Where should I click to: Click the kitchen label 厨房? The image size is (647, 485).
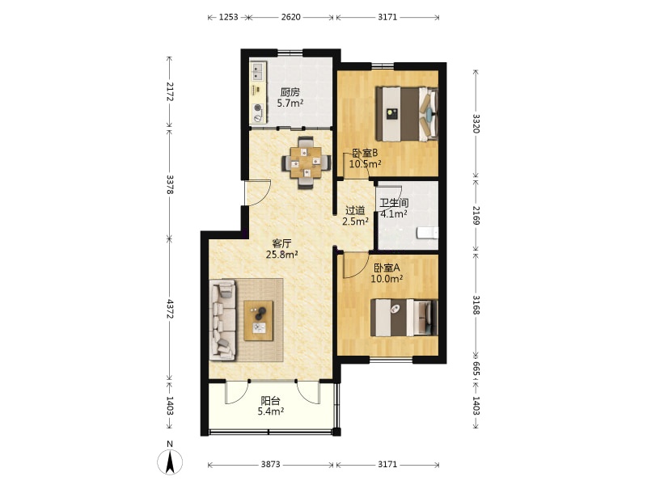pyautogui.click(x=290, y=92)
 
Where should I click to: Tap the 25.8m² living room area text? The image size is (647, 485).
pyautogui.click(x=281, y=255)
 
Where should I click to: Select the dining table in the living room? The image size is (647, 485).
pyautogui.click(x=306, y=162)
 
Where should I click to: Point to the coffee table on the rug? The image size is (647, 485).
pyautogui.click(x=258, y=320)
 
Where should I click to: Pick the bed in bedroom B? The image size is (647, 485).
pyautogui.click(x=407, y=114)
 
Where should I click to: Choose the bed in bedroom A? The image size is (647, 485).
pyautogui.click(x=404, y=317)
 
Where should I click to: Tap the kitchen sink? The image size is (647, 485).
pyautogui.click(x=258, y=71)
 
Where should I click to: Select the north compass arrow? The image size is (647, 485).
pyautogui.click(x=170, y=462)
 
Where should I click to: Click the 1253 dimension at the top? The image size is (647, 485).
pyautogui.click(x=229, y=17)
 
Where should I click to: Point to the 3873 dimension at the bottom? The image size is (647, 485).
pyautogui.click(x=270, y=464)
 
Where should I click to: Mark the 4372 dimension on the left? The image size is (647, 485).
pyautogui.click(x=170, y=309)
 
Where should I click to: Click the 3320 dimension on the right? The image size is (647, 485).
pyautogui.click(x=476, y=124)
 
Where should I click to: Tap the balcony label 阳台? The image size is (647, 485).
pyautogui.click(x=271, y=400)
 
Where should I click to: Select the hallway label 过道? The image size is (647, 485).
pyautogui.click(x=355, y=210)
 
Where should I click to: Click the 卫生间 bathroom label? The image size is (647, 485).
pyautogui.click(x=394, y=203)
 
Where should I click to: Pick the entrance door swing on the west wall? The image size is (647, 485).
pyautogui.click(x=258, y=192)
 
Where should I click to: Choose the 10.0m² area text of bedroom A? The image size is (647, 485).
pyautogui.click(x=387, y=279)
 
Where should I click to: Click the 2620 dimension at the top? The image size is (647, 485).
pyautogui.click(x=291, y=17)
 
